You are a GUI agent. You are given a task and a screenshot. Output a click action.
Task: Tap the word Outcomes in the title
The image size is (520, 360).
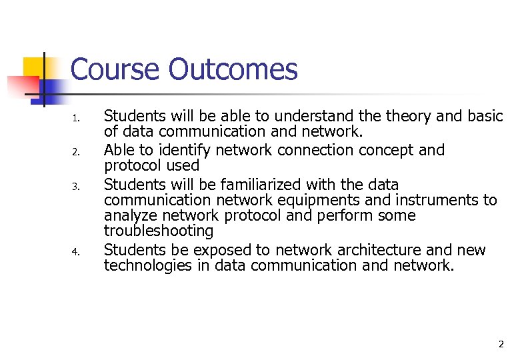[233, 69]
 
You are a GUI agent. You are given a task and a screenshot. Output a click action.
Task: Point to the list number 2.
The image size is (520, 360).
[76, 153]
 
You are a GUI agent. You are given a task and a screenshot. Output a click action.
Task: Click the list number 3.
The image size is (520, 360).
[76, 187]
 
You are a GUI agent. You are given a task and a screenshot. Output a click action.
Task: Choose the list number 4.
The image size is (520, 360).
[76, 252]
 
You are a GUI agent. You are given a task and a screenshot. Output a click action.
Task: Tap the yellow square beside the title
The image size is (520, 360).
[34, 67]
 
